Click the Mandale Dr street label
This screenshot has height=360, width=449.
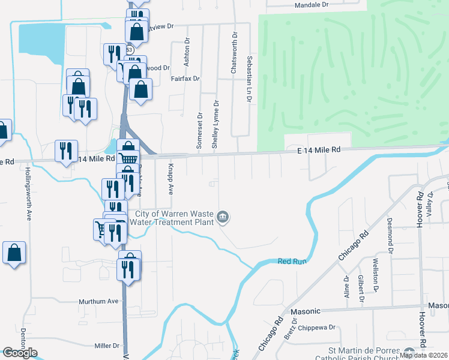[x=312, y=5]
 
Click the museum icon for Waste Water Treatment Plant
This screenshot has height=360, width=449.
[x=223, y=217]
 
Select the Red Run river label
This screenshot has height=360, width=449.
[x=292, y=261]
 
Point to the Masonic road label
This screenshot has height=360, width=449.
[x=306, y=311]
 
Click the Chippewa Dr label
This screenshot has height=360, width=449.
[x=316, y=328]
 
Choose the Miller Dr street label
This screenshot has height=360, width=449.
[x=107, y=346]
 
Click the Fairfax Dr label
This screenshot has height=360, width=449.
[x=185, y=79]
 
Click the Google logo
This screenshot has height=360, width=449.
[x=20, y=353]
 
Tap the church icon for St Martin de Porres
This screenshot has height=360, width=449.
[x=410, y=353]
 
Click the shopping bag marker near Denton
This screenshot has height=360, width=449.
[x=14, y=254]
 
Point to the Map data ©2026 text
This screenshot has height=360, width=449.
[x=423, y=355]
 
